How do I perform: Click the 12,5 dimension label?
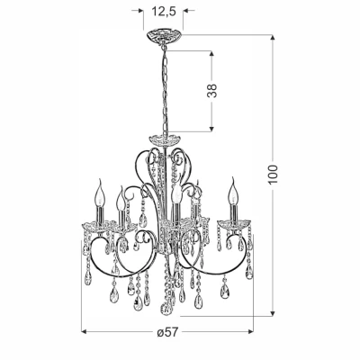164,12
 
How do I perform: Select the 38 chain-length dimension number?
211,90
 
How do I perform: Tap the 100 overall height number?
274,174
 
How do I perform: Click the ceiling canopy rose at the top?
163,36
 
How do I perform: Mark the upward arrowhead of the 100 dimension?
273,38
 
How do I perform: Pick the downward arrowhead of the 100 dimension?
273,313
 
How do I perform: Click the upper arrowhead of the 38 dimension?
211,54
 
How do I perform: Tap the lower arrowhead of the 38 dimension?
211,129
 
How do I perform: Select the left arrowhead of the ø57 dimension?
85,331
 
